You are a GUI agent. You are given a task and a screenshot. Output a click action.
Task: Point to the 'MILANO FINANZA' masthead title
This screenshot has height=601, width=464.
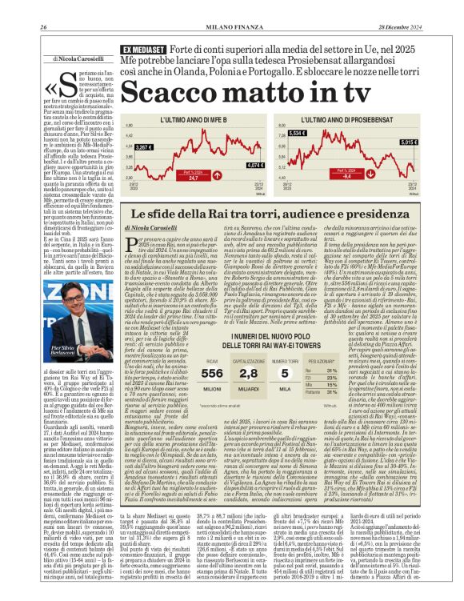click(x=231, y=7)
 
